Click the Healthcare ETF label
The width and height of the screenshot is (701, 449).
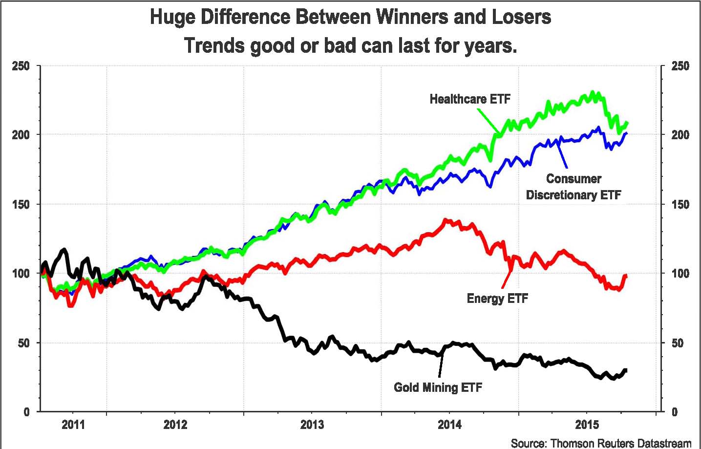click(x=470, y=99)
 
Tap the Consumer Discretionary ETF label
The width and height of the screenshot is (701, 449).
click(x=574, y=187)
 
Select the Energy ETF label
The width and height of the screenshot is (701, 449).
click(x=497, y=298)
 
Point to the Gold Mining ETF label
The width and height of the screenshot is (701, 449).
click(x=438, y=387)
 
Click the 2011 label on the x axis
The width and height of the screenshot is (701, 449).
click(x=73, y=424)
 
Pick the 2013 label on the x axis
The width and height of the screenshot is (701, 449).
click(x=312, y=424)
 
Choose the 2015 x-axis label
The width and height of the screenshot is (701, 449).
click(x=587, y=424)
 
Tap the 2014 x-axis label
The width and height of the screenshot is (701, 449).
click(x=449, y=424)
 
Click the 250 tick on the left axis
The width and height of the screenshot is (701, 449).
click(x=21, y=66)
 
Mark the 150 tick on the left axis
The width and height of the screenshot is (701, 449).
click(x=21, y=204)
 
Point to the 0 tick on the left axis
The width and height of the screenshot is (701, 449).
click(x=26, y=412)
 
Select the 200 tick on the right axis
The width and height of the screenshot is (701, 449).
click(x=680, y=135)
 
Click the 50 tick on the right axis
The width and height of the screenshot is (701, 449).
click(x=677, y=343)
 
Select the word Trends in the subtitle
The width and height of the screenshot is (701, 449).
click(x=214, y=46)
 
